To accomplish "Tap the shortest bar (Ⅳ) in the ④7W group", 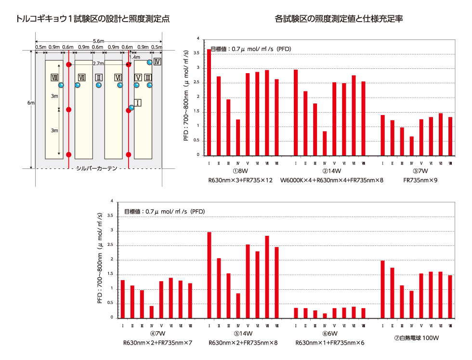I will click(x=151, y=312).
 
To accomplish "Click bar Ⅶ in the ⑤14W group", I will click(x=267, y=277).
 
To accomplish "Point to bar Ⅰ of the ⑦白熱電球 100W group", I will click(x=382, y=289).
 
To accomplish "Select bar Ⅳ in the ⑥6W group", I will click(x=325, y=316).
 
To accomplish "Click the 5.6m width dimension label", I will click(x=99, y=41).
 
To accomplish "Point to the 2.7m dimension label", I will click(x=98, y=64).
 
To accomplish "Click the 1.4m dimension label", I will click(x=135, y=57).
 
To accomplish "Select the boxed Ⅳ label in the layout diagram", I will click(x=157, y=62).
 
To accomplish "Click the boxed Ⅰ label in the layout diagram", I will click(x=138, y=103).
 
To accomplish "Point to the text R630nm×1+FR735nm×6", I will click(x=329, y=343).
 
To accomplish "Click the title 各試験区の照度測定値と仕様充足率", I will click(x=339, y=19).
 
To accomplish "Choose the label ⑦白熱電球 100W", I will click(x=417, y=338).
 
